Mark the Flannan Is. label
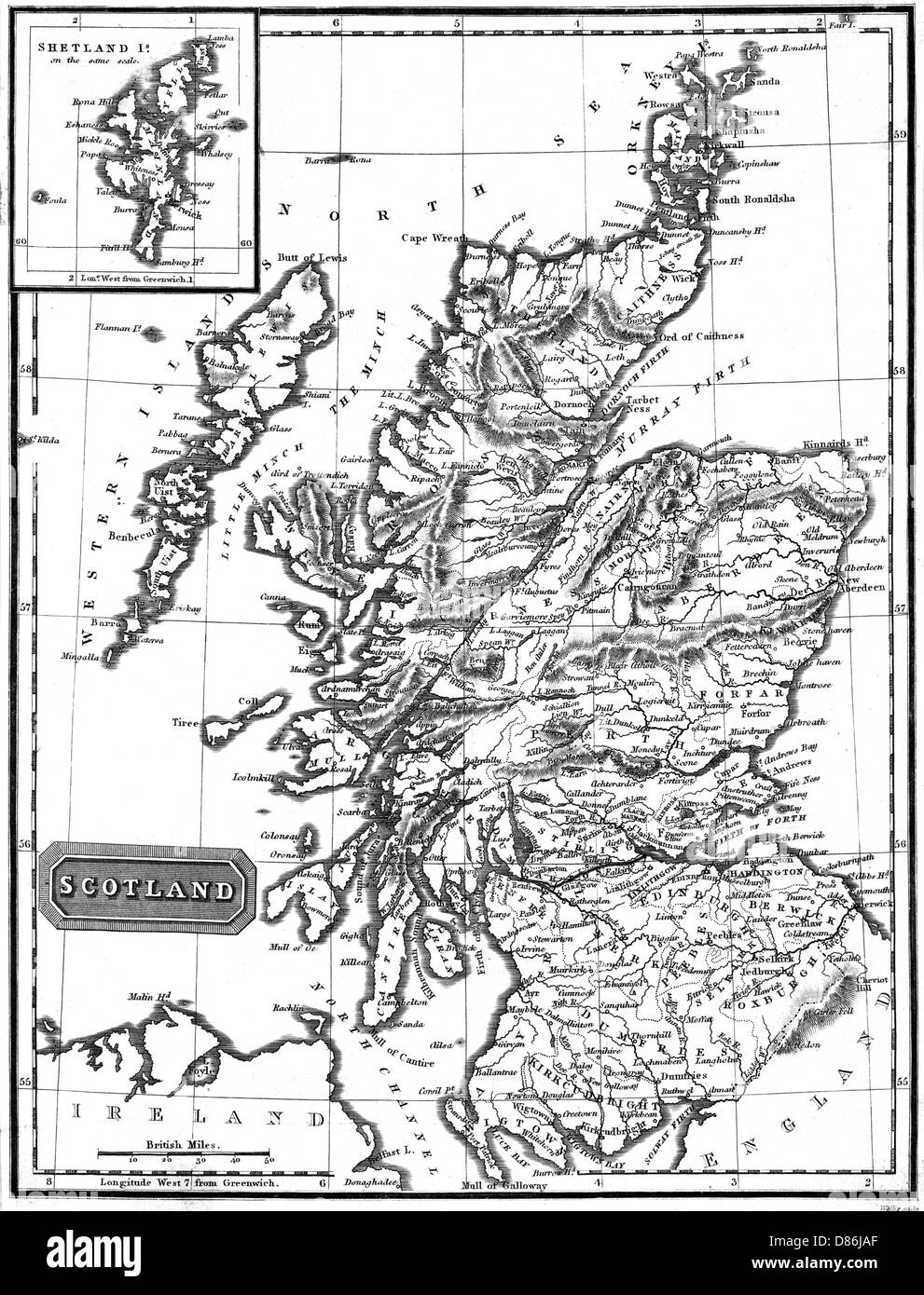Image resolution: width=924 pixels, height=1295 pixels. pos(117,327)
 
